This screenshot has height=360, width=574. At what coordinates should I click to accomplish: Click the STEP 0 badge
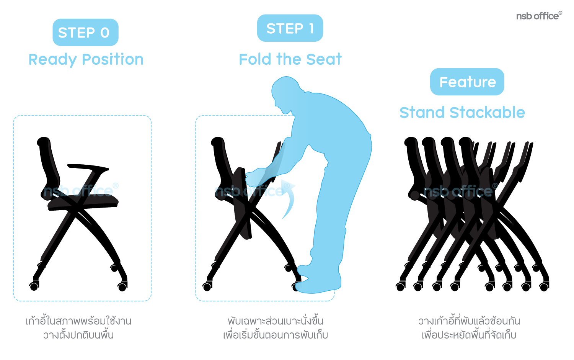85,32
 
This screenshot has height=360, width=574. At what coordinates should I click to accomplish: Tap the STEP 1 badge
290,28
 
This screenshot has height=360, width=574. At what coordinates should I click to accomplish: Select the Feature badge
467,82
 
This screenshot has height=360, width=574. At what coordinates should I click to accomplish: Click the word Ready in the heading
52,60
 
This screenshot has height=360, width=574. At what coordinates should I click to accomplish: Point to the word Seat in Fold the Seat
324,59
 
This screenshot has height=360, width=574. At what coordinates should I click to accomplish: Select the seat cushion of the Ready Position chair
83,202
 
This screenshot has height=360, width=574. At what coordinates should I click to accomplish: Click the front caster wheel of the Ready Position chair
122,287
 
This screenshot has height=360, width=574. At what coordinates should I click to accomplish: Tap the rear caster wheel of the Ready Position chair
34,286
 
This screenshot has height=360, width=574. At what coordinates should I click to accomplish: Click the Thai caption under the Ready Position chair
78,328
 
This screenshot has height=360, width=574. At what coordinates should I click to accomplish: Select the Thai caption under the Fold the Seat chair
276,328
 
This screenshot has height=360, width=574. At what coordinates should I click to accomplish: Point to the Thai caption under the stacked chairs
469,328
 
